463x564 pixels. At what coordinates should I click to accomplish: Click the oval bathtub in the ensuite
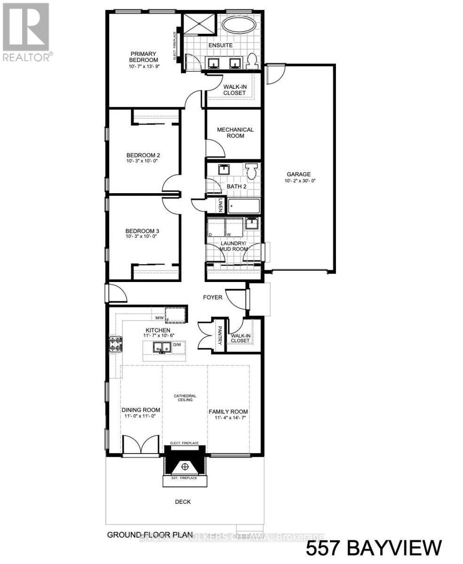coord(239,25)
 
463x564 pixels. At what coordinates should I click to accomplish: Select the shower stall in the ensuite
coord(199,23)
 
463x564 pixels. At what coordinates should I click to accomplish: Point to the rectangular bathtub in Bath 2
coord(244,206)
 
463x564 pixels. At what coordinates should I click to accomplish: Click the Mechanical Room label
coord(235,133)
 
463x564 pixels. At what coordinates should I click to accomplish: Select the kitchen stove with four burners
coord(115,345)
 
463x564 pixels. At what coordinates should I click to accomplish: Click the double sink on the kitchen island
coord(160,348)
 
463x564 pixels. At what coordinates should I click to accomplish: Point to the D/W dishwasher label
coord(177,345)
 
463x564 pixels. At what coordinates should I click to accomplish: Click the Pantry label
coord(219,336)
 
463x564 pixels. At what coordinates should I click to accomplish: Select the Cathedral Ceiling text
coord(185,398)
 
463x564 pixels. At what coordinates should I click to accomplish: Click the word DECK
coord(183,502)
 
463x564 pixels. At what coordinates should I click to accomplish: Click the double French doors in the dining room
coord(139,444)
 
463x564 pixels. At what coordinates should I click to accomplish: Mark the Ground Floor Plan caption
coord(150,535)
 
